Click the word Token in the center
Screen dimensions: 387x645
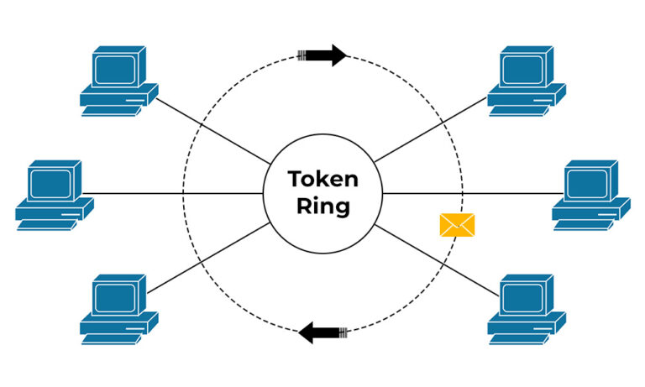(x=323, y=180)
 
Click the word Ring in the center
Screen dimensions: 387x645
(x=323, y=207)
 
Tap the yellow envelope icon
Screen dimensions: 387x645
(x=457, y=224)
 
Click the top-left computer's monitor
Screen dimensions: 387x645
(x=115, y=68)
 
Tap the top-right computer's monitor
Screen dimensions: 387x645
(x=525, y=68)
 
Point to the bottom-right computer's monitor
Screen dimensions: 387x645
(x=525, y=295)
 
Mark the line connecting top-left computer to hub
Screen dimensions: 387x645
(x=210, y=130)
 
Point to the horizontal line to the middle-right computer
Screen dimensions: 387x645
(x=470, y=193)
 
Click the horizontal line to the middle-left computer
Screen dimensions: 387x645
(x=176, y=193)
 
